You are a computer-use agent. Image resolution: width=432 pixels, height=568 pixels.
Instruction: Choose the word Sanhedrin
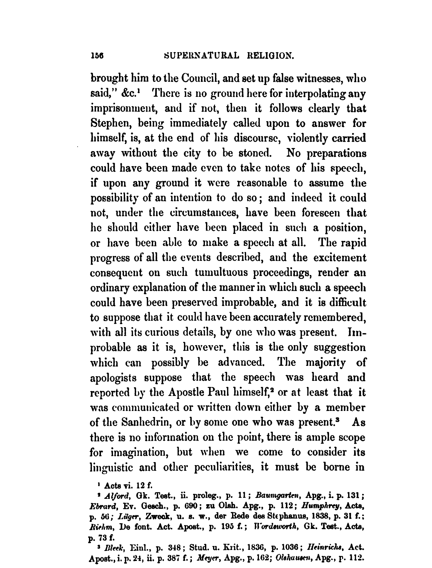pos(141,422)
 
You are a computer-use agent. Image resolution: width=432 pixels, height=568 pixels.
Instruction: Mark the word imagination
pos(139,452)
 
